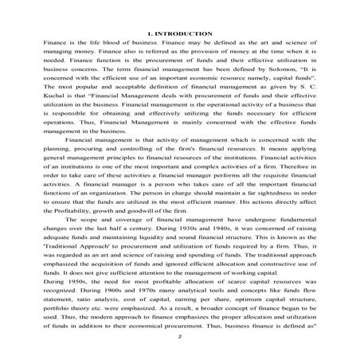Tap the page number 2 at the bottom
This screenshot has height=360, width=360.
pos(181,338)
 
